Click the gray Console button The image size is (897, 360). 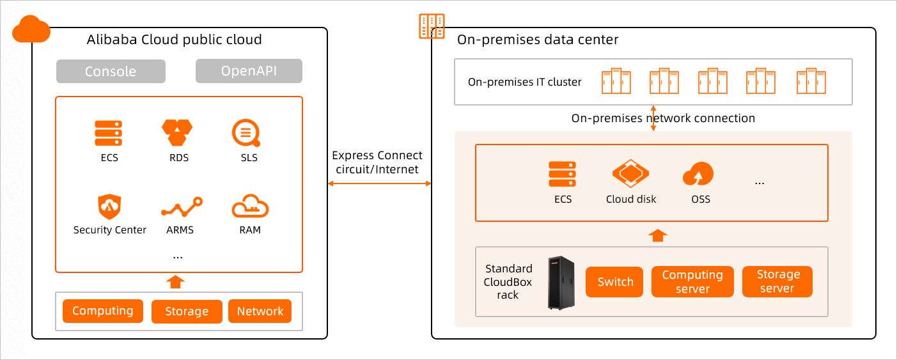(111, 72)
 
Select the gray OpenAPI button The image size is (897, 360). (249, 71)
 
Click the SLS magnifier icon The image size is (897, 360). (246, 134)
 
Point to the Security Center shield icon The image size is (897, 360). (109, 207)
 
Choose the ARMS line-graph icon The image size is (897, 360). (182, 208)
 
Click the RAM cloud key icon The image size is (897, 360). (250, 208)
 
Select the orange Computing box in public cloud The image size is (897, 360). (103, 311)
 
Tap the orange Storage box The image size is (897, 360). (187, 311)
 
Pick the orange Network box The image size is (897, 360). (260, 311)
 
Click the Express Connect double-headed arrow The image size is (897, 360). (380, 184)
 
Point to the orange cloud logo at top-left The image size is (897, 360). (31, 29)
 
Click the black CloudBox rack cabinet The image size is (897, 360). (561, 283)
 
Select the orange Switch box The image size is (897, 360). (615, 282)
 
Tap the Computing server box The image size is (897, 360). (692, 282)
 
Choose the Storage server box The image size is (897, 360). (777, 282)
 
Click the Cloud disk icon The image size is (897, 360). (630, 173)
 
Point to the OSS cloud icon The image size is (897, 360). (698, 173)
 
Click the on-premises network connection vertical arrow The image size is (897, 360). (653, 118)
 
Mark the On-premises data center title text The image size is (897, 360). (538, 40)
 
